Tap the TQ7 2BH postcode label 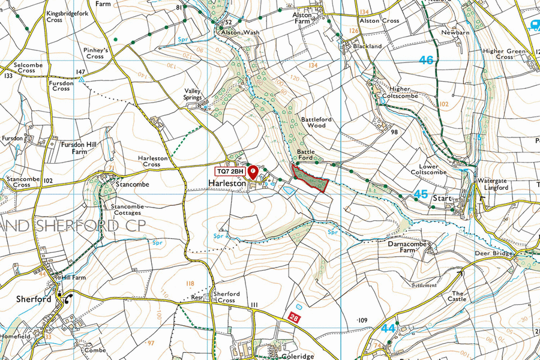(x=230, y=172)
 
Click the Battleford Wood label (x=316, y=122)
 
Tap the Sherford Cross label (x=227, y=297)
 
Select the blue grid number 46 (x=426, y=60)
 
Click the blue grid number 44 (x=388, y=328)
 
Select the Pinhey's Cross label (x=95, y=53)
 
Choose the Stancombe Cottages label (x=126, y=209)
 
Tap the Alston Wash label (x=239, y=32)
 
